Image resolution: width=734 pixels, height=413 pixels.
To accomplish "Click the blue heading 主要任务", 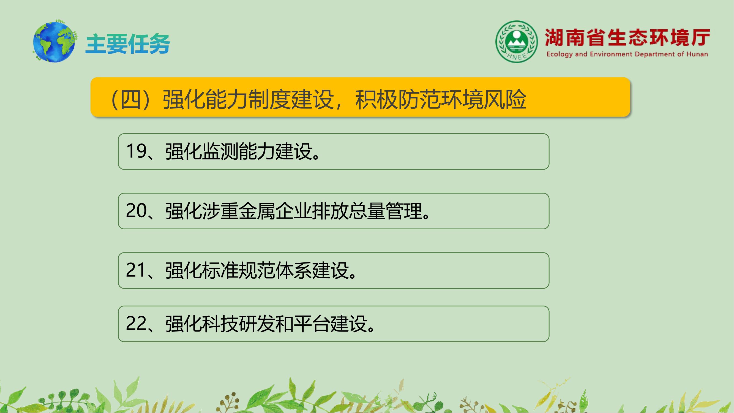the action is pos(128,44).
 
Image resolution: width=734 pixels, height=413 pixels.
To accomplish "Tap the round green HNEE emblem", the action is pos(517,41).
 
